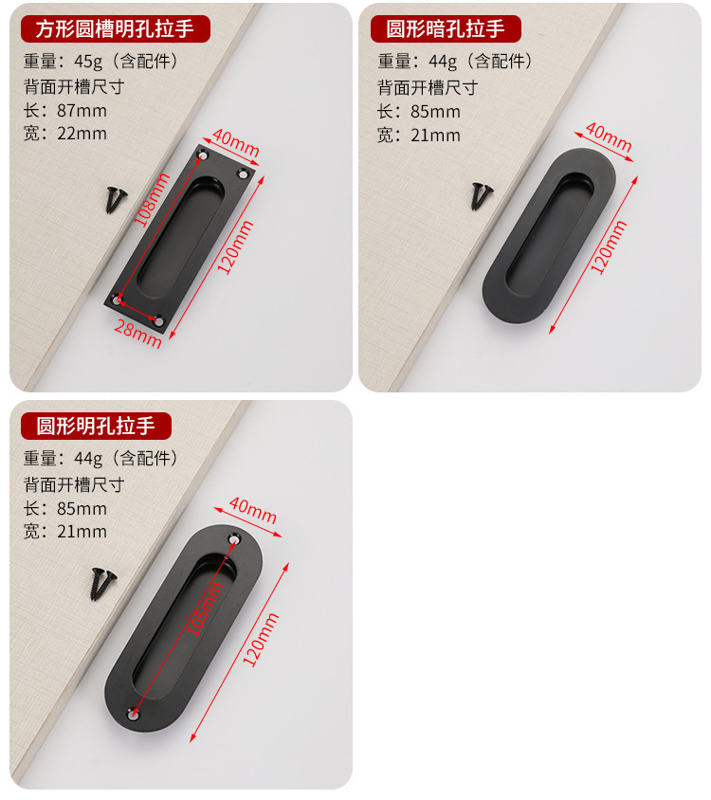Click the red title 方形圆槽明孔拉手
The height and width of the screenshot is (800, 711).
(x=115, y=28)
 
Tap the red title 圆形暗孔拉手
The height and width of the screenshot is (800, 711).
(x=445, y=28)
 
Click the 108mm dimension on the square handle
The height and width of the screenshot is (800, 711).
(x=150, y=200)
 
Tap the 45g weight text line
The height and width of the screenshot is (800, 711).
(x=100, y=62)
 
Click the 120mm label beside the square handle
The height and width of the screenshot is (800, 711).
(x=234, y=247)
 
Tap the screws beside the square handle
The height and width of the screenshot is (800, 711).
(x=116, y=198)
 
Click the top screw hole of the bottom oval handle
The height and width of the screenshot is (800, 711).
(x=232, y=539)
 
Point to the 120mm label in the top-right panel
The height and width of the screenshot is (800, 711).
(x=609, y=246)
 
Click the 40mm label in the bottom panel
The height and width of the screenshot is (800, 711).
(x=252, y=511)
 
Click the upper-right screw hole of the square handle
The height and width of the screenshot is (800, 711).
(x=245, y=174)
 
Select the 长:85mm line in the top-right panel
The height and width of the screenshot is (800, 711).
(x=419, y=112)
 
